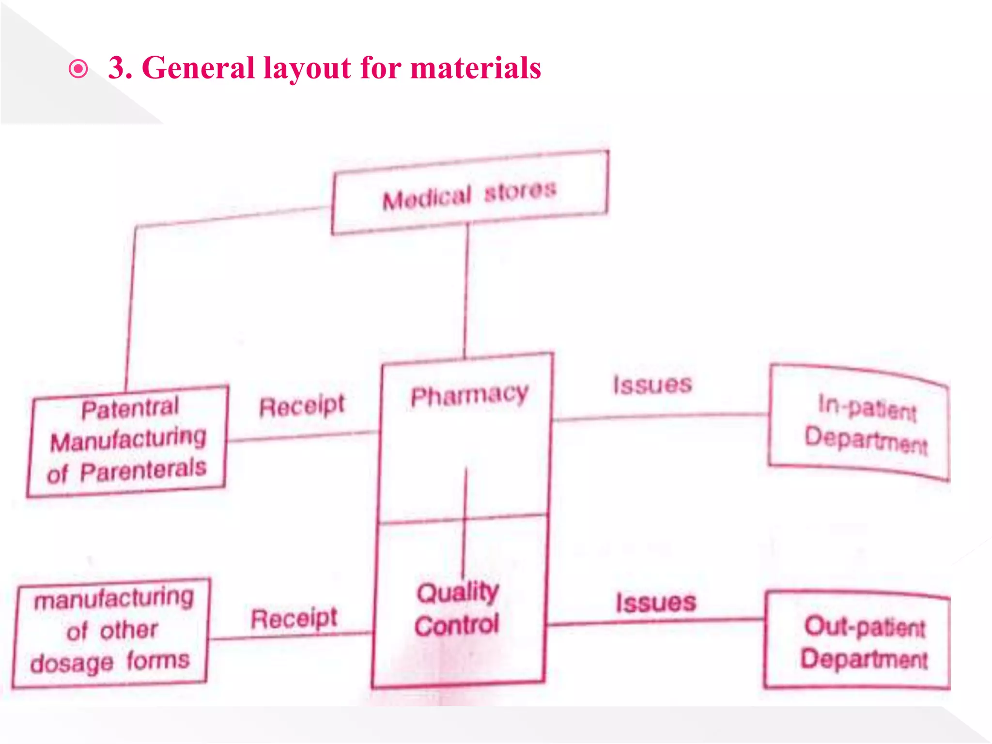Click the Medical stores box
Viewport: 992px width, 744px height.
pyautogui.click(x=470, y=193)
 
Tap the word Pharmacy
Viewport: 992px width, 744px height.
pyautogui.click(x=469, y=396)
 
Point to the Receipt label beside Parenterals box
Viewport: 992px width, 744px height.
pyautogui.click(x=302, y=406)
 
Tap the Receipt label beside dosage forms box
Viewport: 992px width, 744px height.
pyautogui.click(x=294, y=619)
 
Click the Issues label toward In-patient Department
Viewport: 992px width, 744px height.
pyautogui.click(x=652, y=385)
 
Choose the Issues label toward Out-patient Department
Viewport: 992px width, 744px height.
pyautogui.click(x=656, y=603)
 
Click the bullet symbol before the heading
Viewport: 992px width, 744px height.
pyautogui.click(x=78, y=69)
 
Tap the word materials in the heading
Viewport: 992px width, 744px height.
pyautogui.click(x=476, y=68)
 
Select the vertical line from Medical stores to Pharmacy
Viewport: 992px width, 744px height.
pyautogui.click(x=466, y=291)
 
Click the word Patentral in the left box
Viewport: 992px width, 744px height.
pyautogui.click(x=130, y=408)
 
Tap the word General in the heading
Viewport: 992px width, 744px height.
pyautogui.click(x=199, y=68)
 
